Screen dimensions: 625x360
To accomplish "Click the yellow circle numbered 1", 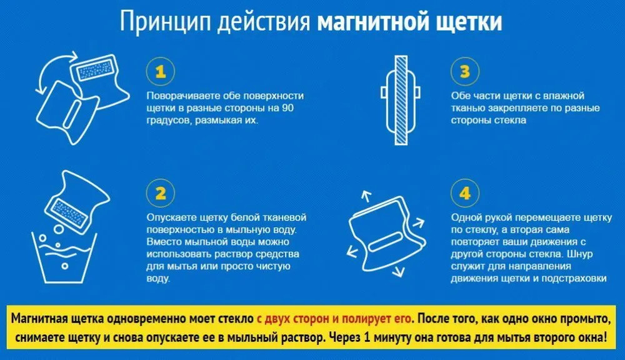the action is click(x=160, y=72).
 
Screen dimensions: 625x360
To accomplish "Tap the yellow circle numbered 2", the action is click(x=160, y=193).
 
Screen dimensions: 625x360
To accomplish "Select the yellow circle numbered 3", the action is click(x=465, y=72).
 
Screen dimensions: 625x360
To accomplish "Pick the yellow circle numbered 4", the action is click(x=465, y=193).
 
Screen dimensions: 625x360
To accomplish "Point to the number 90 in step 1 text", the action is click(x=287, y=108).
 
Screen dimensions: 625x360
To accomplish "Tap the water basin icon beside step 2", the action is click(x=64, y=257).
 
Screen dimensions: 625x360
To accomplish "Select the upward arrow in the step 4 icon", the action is click(x=366, y=196).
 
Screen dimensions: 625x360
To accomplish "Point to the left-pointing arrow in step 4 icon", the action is click(x=352, y=251).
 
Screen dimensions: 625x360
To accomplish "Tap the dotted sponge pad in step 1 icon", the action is click(x=95, y=71).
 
